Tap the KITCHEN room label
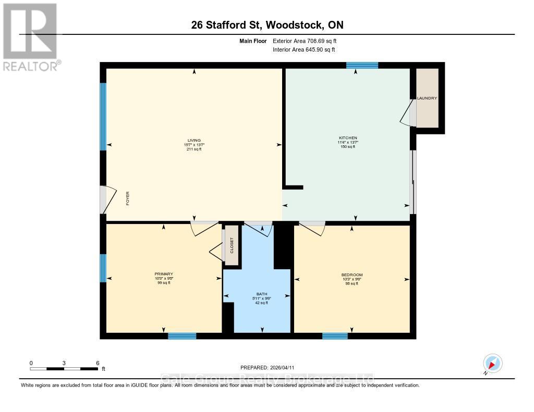347,138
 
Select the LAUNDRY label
427,98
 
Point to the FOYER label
127,198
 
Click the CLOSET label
232,245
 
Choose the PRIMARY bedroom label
164,274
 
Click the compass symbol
492,363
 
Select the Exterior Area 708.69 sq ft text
308,41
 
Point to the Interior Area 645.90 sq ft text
304,49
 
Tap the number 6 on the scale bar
97,363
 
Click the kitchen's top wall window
362,65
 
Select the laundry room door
407,113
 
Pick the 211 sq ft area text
194,149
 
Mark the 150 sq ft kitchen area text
347,147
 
